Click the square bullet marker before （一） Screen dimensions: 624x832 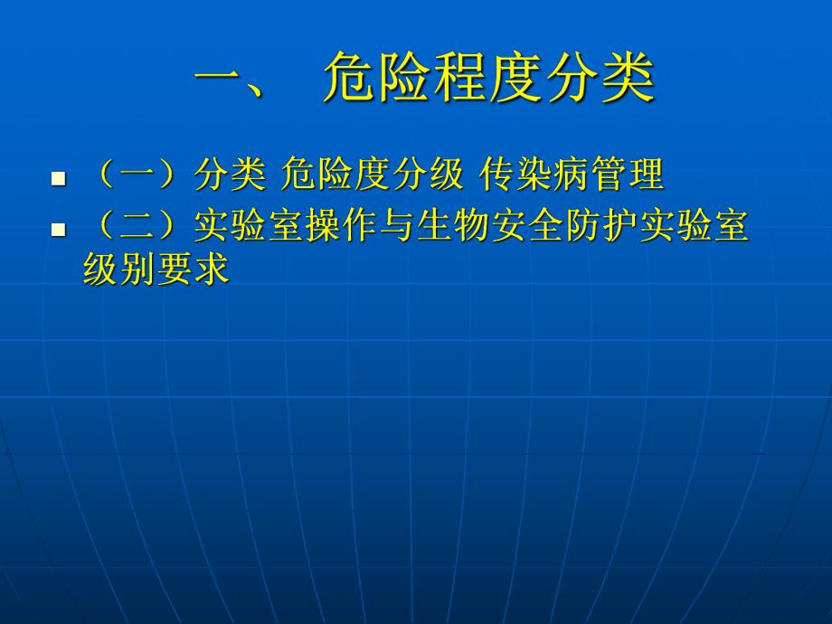pyautogui.click(x=59, y=177)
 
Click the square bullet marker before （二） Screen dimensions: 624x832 pyautogui.click(x=59, y=230)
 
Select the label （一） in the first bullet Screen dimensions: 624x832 pyautogui.click(x=138, y=175)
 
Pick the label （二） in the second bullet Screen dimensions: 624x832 pyautogui.click(x=138, y=228)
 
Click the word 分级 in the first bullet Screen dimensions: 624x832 pyautogui.click(x=425, y=175)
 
